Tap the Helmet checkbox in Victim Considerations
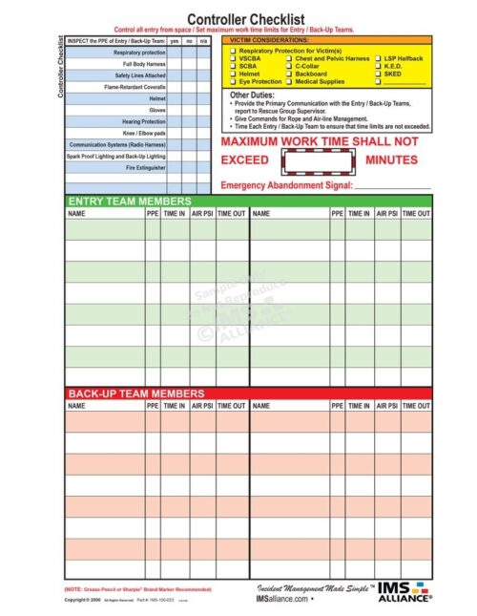[234, 74]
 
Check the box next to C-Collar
[289, 66]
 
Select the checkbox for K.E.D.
[379, 66]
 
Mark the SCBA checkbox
[234, 66]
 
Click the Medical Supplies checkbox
[289, 81]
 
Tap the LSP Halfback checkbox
[379, 58]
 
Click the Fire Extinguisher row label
[145, 167]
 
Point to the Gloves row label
[156, 110]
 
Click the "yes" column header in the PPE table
[174, 41]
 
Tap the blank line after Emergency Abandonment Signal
[391, 185]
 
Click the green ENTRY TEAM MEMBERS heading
[130, 202]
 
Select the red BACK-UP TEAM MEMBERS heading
[135, 393]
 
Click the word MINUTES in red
[391, 159]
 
